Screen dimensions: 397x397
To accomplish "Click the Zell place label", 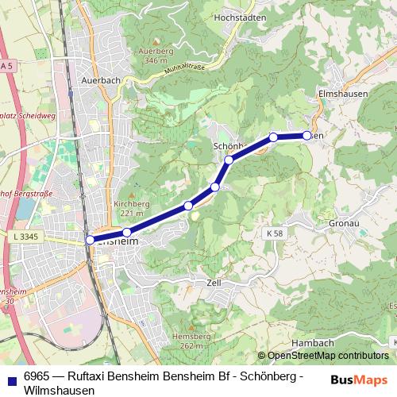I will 213,282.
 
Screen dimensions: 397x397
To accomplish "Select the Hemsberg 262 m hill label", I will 194,341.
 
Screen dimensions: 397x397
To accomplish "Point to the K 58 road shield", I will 275,233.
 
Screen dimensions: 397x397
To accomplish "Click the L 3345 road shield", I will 26,237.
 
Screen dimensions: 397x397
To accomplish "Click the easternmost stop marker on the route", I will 307,136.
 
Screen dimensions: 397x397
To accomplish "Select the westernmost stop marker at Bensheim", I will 90,239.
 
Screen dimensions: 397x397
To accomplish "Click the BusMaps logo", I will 358,379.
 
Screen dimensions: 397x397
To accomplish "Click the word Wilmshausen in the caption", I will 60,391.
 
